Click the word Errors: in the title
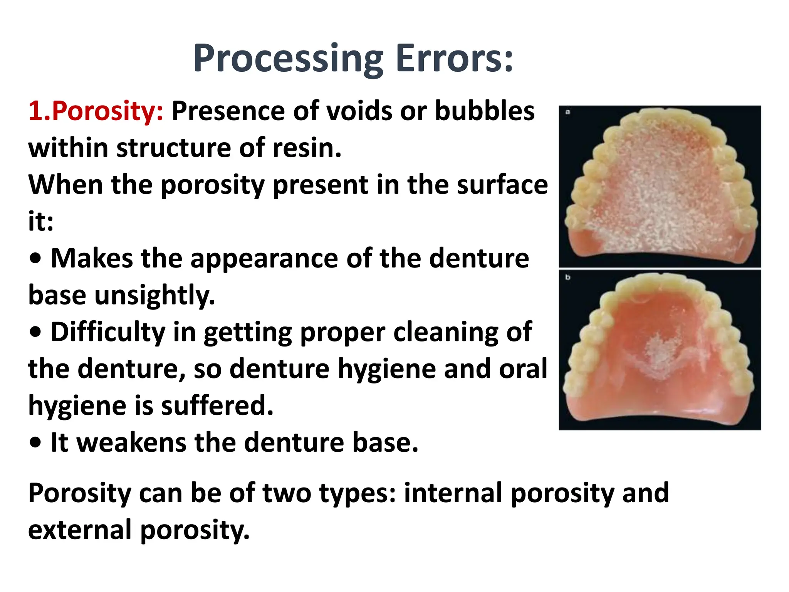click(x=455, y=59)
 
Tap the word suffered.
click(x=217, y=406)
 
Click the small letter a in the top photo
click(x=567, y=112)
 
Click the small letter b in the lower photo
click(x=567, y=277)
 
